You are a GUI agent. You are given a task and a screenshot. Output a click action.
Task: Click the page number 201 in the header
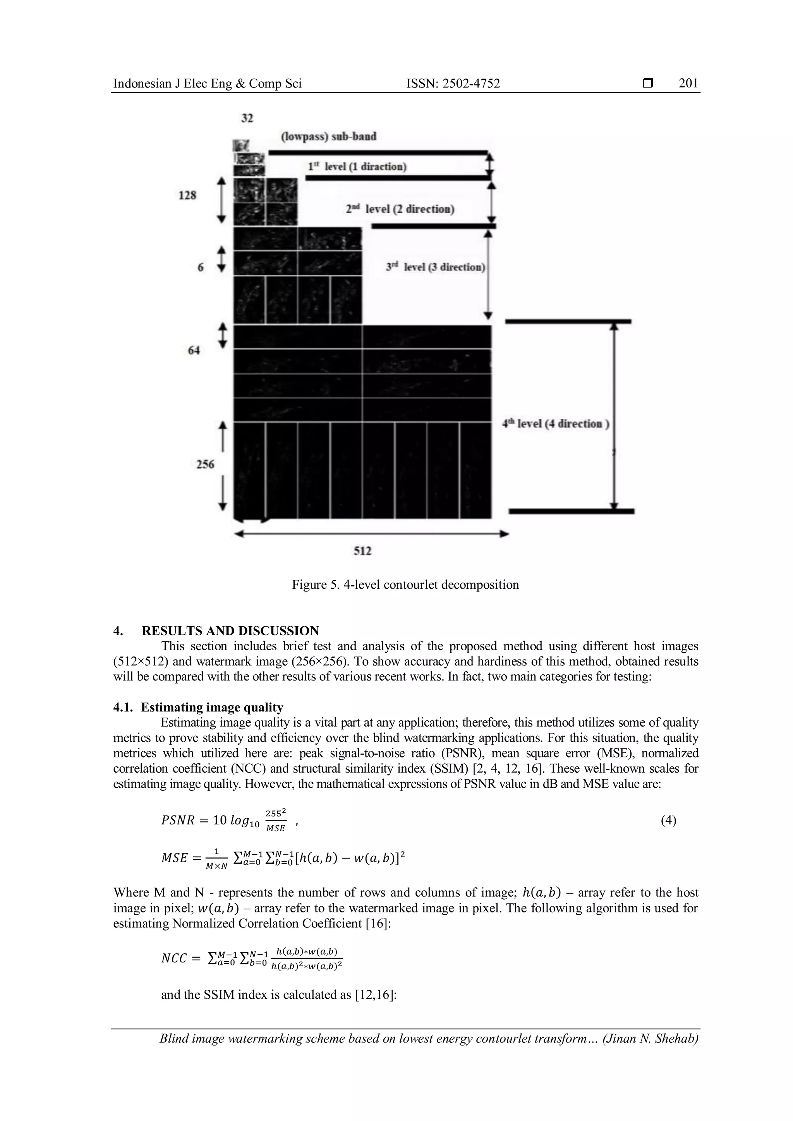click(688, 84)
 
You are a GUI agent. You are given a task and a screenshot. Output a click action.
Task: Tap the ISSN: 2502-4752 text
click(453, 84)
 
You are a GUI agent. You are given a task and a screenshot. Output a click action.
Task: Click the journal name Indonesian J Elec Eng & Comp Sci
click(207, 84)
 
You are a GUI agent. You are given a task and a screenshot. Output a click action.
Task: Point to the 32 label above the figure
click(247, 118)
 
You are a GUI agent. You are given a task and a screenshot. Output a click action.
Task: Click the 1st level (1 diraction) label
click(357, 166)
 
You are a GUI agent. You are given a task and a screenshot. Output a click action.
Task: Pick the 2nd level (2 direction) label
click(400, 209)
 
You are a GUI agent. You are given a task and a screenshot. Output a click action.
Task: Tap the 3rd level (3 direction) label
click(435, 267)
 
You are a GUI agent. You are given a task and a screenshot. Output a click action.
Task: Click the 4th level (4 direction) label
click(556, 423)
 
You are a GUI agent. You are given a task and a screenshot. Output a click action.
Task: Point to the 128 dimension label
click(187, 195)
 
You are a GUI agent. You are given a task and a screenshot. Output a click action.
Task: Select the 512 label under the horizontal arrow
click(362, 551)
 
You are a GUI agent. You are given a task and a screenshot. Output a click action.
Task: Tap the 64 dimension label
click(194, 350)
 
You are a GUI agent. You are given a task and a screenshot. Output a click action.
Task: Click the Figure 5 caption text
click(405, 584)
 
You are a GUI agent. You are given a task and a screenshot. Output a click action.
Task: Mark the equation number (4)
click(668, 820)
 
